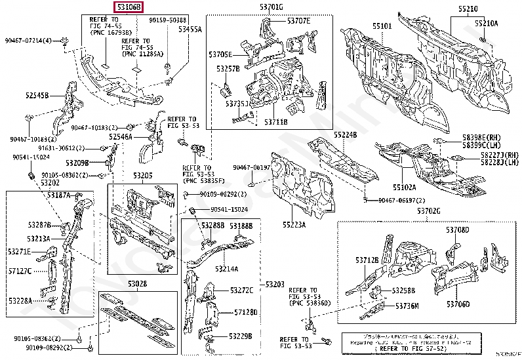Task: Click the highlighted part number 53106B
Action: pos(129,7)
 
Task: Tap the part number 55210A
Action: pos(487,23)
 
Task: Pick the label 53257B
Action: pos(228,68)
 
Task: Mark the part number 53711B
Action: pos(275,121)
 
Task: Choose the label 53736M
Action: pos(407,306)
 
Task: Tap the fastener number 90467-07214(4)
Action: pos(29,41)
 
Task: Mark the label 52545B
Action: pos(37,95)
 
